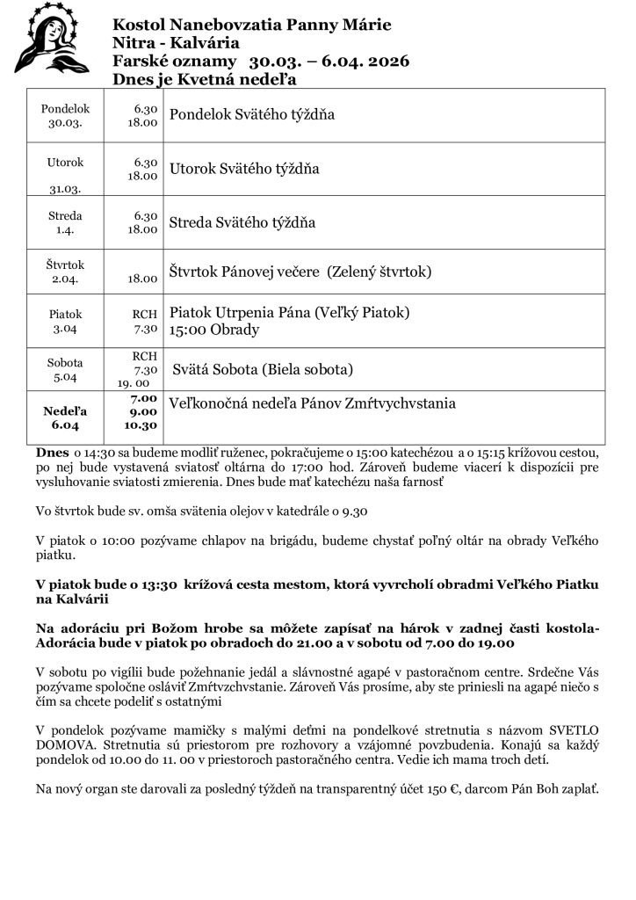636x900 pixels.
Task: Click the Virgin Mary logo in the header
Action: coord(52,40)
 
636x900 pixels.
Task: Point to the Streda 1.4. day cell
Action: coord(65,222)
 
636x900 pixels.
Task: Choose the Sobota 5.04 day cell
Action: coord(65,369)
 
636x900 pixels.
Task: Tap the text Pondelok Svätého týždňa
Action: coord(251,115)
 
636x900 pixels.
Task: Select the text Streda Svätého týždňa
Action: coord(242,222)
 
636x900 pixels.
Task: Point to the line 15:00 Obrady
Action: coord(213,330)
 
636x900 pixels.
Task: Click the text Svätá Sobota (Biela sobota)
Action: coord(262,369)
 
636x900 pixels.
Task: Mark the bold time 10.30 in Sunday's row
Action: coord(140,425)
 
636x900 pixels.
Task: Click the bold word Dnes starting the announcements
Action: coord(47,450)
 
